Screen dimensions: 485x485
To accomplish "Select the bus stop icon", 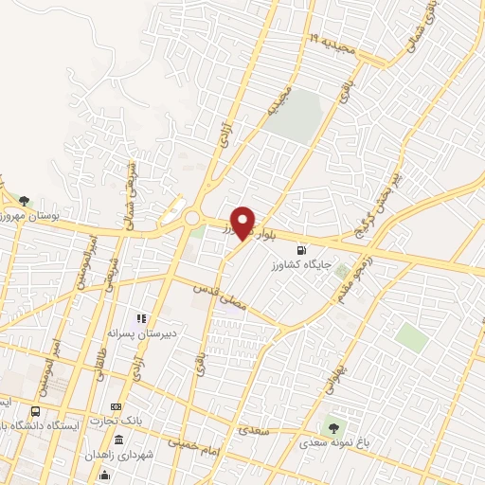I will [36, 411].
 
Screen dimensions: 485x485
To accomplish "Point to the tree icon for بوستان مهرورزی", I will [25, 200].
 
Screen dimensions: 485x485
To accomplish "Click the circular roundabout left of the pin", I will [192, 218].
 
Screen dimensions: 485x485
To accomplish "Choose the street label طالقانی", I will [101, 360].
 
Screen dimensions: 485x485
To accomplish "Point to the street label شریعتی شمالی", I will [127, 188].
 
